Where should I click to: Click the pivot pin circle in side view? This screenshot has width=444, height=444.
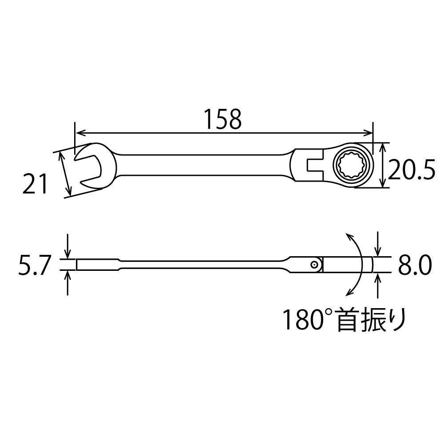pos(314,265)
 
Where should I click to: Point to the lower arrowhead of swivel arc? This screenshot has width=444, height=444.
pos(349,293)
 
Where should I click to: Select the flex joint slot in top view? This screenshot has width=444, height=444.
pos(312,166)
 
